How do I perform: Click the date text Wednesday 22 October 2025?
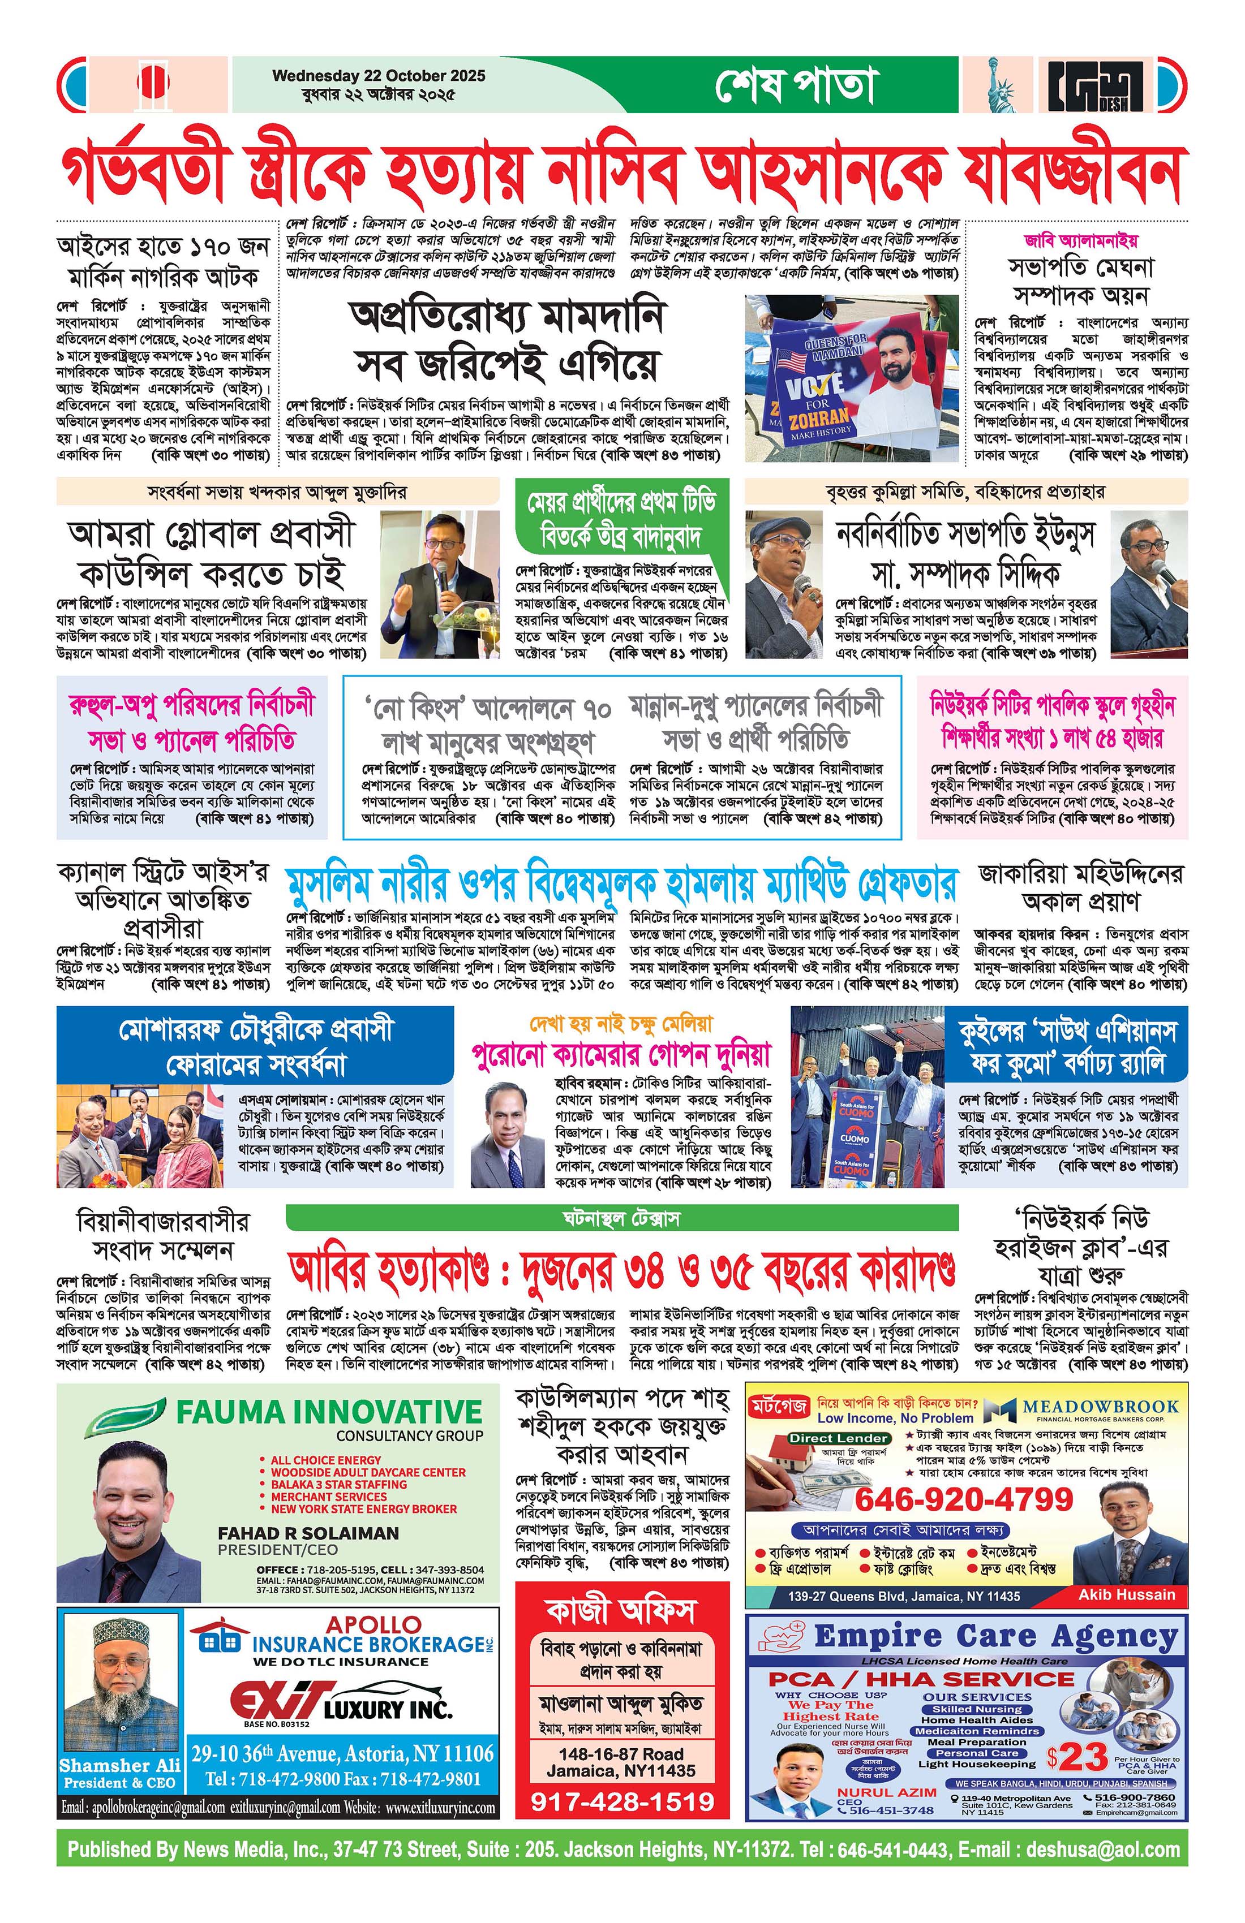tap(379, 76)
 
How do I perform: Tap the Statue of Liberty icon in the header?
tap(1002, 85)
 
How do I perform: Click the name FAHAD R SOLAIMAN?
tap(308, 1533)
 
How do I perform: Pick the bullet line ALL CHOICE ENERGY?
tap(326, 1460)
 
